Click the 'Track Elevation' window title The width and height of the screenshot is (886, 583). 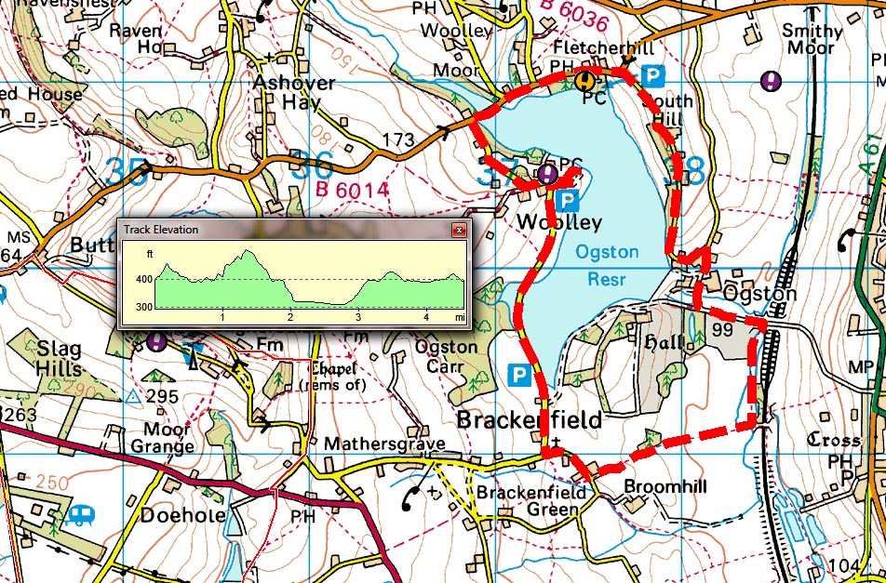tap(161, 230)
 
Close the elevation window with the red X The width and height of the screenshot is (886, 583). tap(458, 230)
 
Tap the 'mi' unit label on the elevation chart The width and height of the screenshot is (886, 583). tap(460, 317)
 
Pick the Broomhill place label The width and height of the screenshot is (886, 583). tap(665, 487)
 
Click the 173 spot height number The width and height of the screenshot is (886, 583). tap(397, 140)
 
